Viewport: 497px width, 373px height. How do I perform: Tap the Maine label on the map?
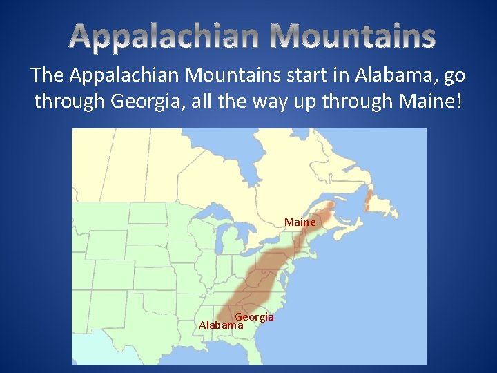(x=300, y=222)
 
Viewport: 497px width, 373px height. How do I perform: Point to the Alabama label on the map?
(x=220, y=324)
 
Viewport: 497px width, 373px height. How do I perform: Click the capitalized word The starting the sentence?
(x=47, y=75)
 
